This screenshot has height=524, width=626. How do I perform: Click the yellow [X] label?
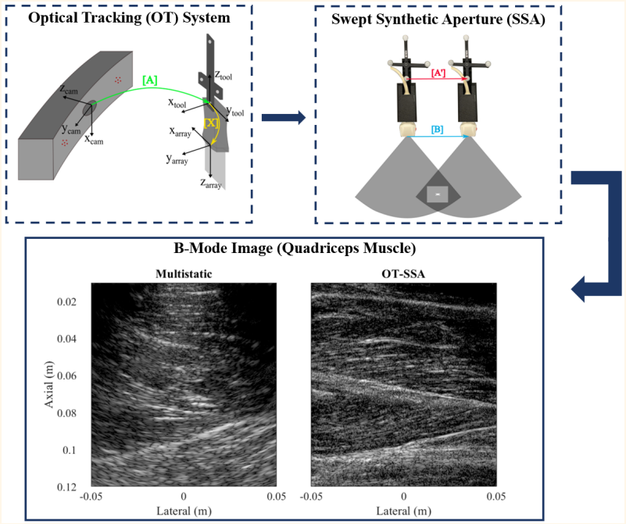coord(211,123)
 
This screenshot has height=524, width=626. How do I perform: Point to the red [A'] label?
coord(438,73)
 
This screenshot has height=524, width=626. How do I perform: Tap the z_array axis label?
coord(211,184)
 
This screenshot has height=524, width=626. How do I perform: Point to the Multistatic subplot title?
coord(183,273)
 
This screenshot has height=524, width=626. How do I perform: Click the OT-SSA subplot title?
coord(403,273)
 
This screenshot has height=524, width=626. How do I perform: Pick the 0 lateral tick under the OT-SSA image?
coord(403,496)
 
